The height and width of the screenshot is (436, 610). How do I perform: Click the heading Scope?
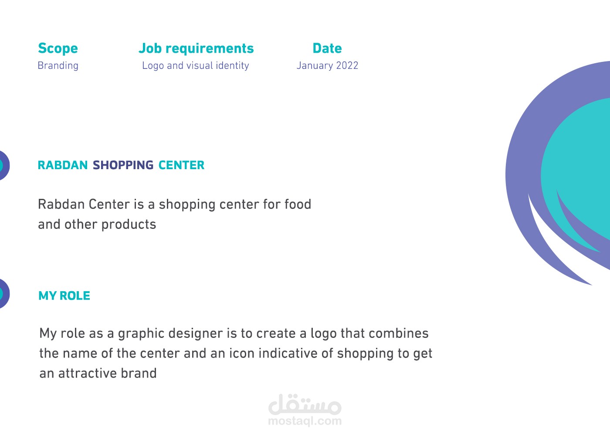pos(58,48)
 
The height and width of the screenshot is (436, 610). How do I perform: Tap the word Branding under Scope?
pos(58,66)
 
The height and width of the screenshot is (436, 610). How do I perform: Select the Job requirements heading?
pos(196,48)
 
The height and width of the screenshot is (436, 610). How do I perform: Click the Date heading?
pos(327,48)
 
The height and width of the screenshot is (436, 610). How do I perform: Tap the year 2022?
pos(347,66)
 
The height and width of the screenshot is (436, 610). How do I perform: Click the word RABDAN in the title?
pos(63,165)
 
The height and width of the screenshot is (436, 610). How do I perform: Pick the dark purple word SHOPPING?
pos(123,165)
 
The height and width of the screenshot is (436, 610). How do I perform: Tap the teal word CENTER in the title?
pos(181,165)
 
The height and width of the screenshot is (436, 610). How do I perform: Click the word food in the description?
pos(298,204)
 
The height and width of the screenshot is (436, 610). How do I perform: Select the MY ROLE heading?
pos(64,296)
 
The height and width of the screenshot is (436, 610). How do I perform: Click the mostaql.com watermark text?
pos(305,421)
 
